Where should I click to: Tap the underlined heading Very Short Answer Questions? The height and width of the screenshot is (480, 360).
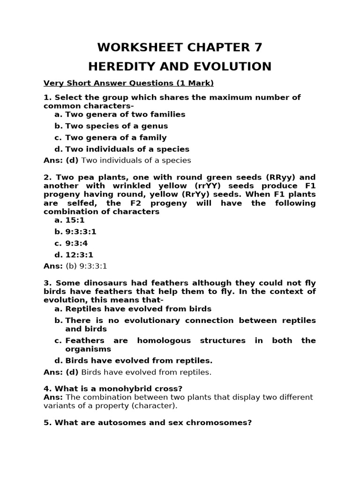[128, 83]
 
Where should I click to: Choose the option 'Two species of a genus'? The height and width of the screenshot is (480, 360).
[116, 126]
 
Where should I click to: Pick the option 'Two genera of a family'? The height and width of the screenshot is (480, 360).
[116, 137]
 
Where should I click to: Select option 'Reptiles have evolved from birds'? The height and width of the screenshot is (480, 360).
[138, 309]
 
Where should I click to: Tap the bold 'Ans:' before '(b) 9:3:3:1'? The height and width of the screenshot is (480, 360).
[53, 266]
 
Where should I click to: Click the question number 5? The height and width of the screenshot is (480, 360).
[46, 422]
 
